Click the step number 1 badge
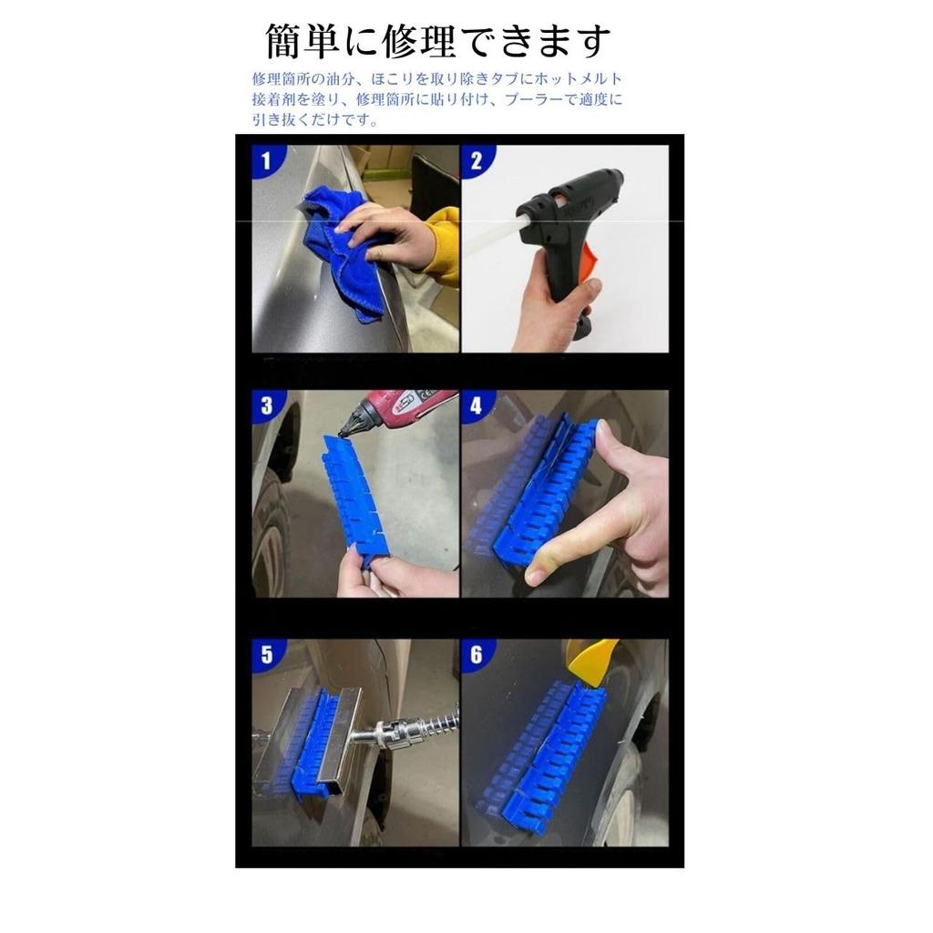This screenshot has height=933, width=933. point(266,161)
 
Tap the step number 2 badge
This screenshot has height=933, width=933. point(476,161)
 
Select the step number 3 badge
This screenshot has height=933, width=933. point(266,405)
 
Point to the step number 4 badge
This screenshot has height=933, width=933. point(476,405)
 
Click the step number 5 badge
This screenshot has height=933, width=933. point(266,654)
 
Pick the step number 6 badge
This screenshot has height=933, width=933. point(476,654)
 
